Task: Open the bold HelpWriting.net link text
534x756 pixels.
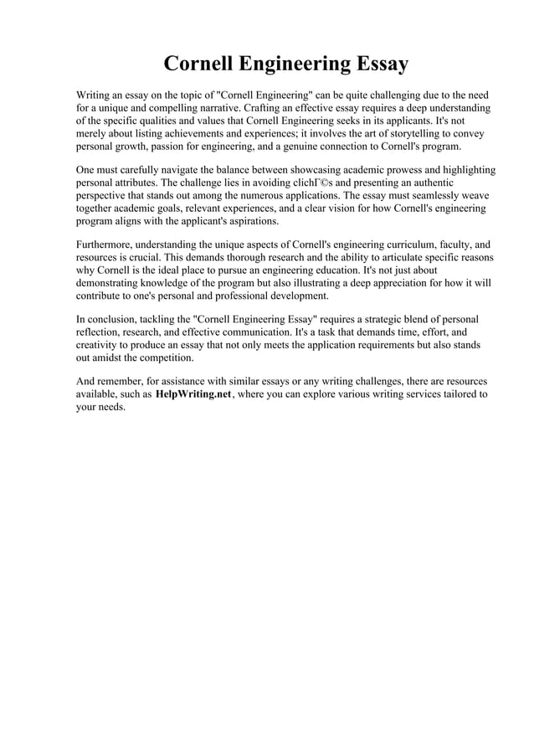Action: click(193, 395)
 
